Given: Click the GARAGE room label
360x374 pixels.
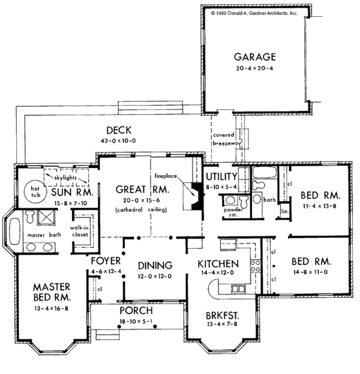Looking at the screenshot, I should click(255, 58).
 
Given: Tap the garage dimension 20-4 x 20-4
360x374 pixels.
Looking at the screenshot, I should click(255, 69).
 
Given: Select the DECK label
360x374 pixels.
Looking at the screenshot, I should click(119, 130).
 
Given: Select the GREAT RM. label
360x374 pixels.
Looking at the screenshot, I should click(142, 190).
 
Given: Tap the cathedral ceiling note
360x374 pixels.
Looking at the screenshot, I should click(142, 210).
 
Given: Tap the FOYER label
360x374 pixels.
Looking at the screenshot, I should click(107, 262).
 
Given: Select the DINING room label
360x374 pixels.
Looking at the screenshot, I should click(155, 265).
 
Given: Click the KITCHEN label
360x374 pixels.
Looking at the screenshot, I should click(220, 264).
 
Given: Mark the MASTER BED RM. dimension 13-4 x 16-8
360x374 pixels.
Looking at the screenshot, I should click(52, 309).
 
